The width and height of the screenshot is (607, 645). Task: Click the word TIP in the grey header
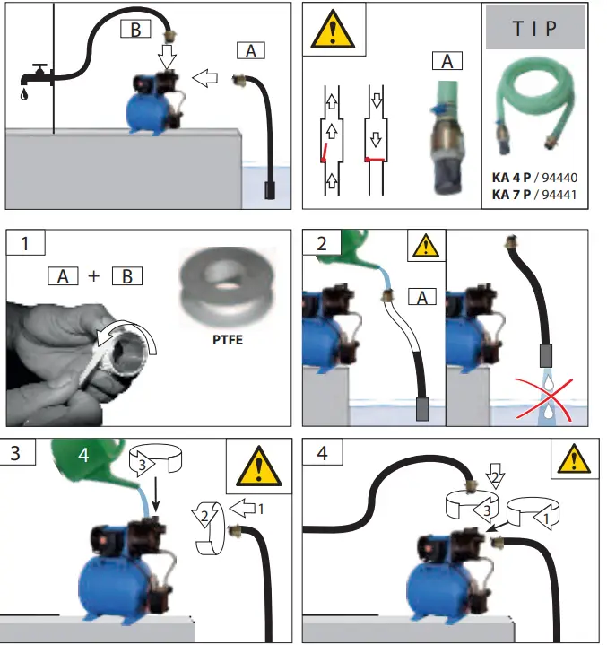(534, 28)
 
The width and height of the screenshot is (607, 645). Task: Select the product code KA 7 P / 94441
(535, 194)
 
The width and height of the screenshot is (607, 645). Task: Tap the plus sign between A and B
(95, 276)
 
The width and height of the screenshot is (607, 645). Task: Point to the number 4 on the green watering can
(83, 456)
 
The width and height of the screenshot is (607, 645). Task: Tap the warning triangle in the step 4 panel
(570, 458)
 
